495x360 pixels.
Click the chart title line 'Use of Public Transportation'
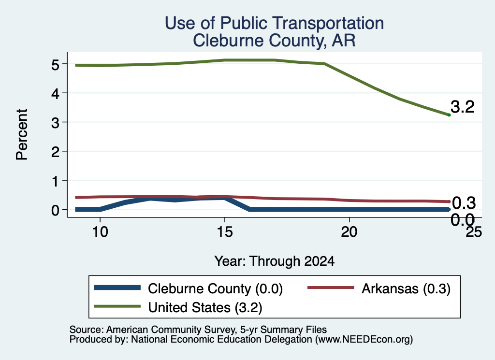(x=275, y=23)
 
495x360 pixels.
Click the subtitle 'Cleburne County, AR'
(x=275, y=41)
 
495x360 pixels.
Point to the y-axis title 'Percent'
(x=22, y=134)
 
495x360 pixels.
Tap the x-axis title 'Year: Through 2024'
(x=275, y=261)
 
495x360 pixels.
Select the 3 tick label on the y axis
(x=55, y=122)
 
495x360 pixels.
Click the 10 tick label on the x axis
(x=100, y=232)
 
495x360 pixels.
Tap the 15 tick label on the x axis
(x=225, y=232)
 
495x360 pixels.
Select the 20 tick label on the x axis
(x=349, y=232)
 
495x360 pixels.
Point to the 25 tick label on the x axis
(x=474, y=232)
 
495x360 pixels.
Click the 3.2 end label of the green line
(x=463, y=107)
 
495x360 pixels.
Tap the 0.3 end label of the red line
(x=464, y=203)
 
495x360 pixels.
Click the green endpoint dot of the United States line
(x=449, y=115)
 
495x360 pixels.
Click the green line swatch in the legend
(x=117, y=306)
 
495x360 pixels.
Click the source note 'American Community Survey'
(x=172, y=330)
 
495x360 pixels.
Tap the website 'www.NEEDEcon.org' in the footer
(x=364, y=339)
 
